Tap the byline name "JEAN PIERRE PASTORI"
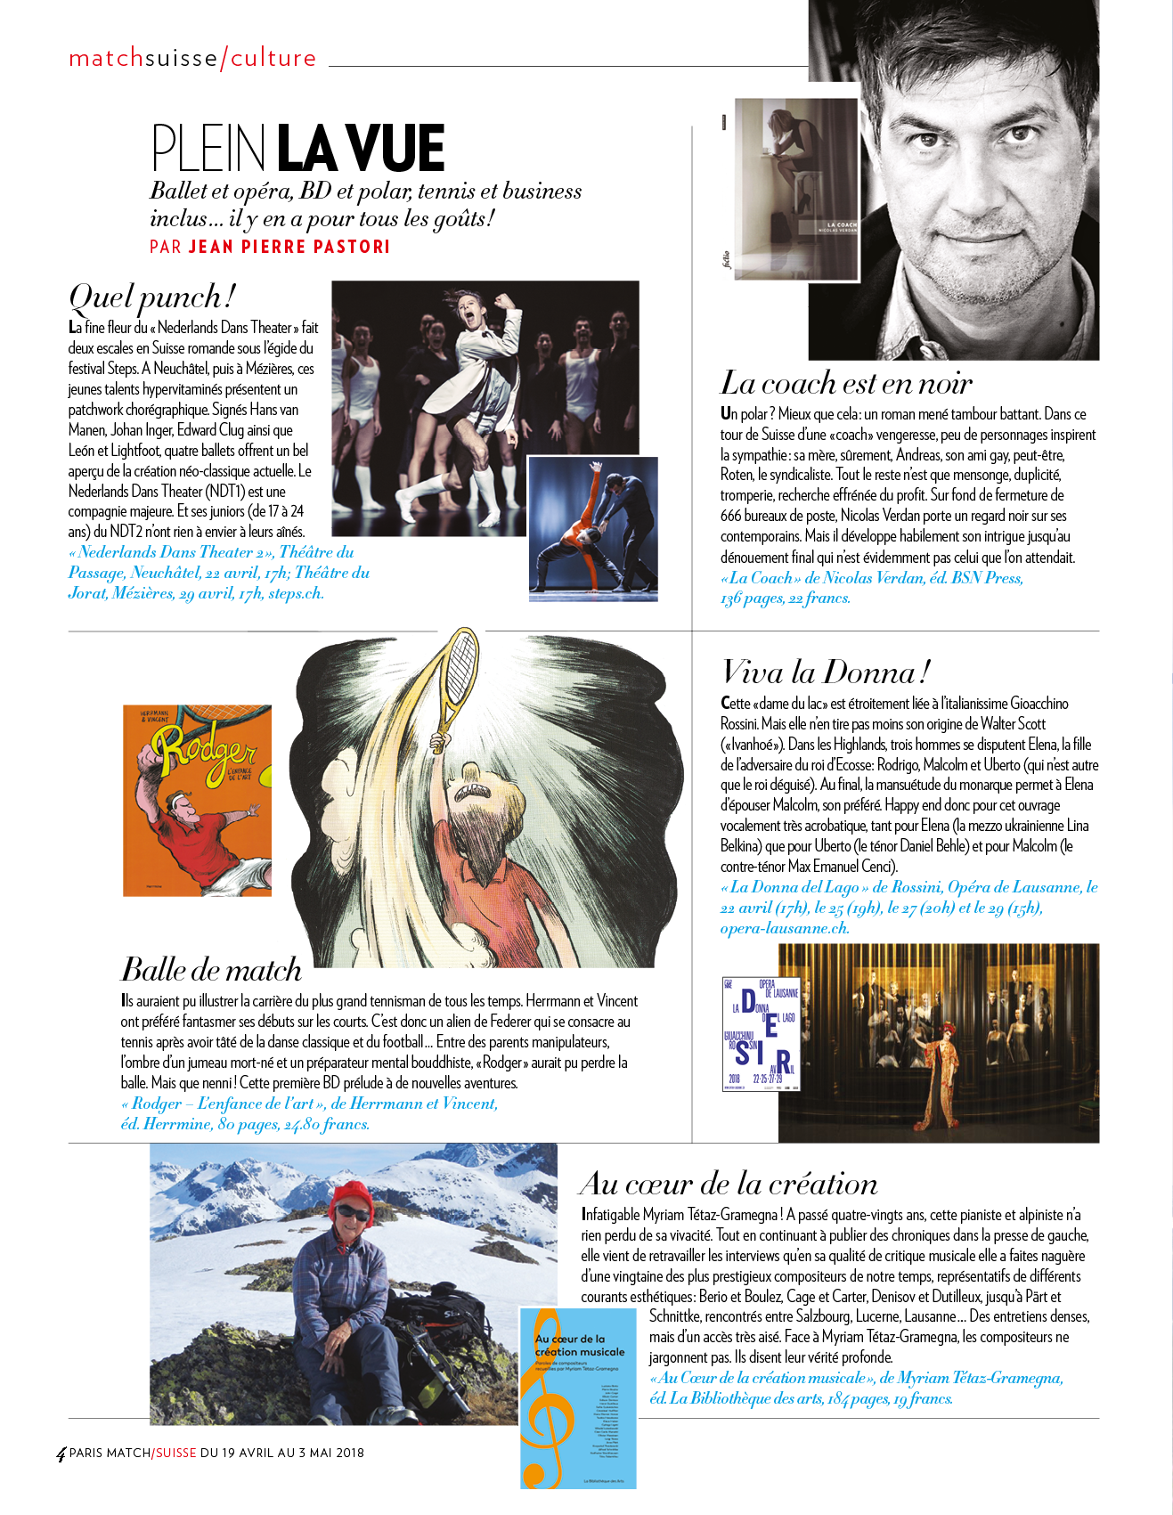click(x=289, y=247)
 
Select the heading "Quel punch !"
click(x=152, y=297)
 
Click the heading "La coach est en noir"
click(x=845, y=383)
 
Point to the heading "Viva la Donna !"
click(x=826, y=672)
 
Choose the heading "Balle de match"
click(x=211, y=969)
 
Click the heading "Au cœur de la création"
click(x=728, y=1184)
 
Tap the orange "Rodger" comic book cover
click(x=197, y=800)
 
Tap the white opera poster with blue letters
click(x=762, y=1034)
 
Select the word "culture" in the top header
click(x=273, y=59)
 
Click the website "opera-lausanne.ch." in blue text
click(x=785, y=928)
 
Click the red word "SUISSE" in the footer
click(x=175, y=1453)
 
